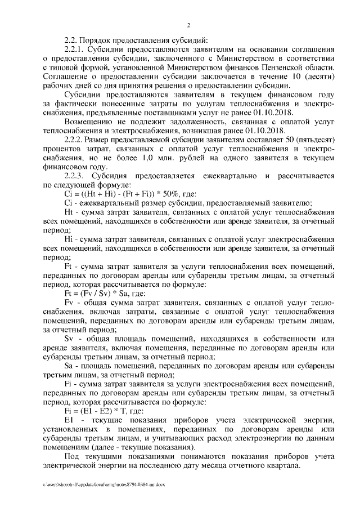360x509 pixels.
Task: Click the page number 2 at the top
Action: point(189,25)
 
